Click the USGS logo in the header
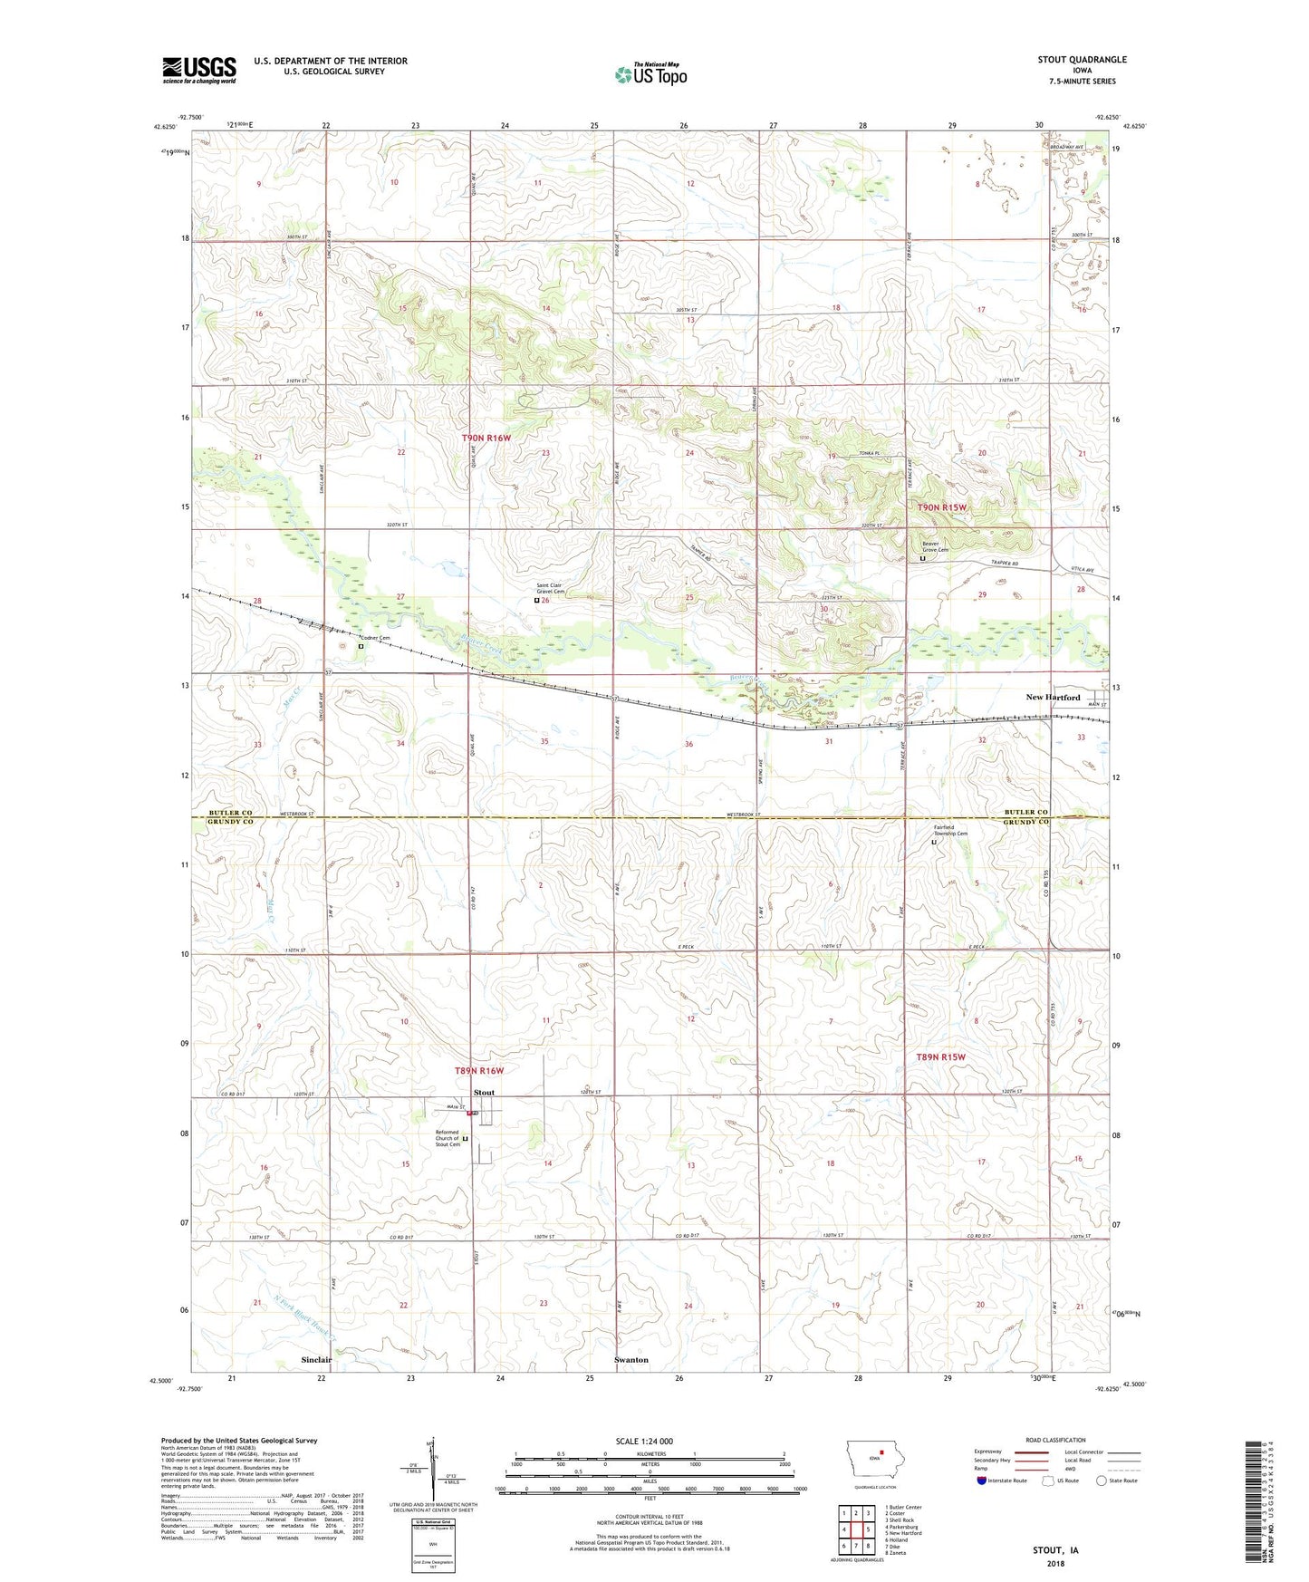coord(199,70)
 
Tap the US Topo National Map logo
coord(650,74)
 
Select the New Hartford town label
coord(1053,698)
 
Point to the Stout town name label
coord(485,1093)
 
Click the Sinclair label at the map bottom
coord(316,1360)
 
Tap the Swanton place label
coord(631,1360)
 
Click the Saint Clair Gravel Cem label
coord(549,589)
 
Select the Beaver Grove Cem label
coord(935,546)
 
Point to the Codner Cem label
coord(378,638)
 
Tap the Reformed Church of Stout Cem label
coord(448,1138)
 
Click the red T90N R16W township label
coord(486,438)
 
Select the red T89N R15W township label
coord(940,1057)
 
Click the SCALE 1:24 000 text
coord(643,1442)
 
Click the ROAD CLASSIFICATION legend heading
coord(1055,1440)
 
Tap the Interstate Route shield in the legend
coord(982,1481)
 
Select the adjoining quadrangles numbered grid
coord(856,1529)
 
